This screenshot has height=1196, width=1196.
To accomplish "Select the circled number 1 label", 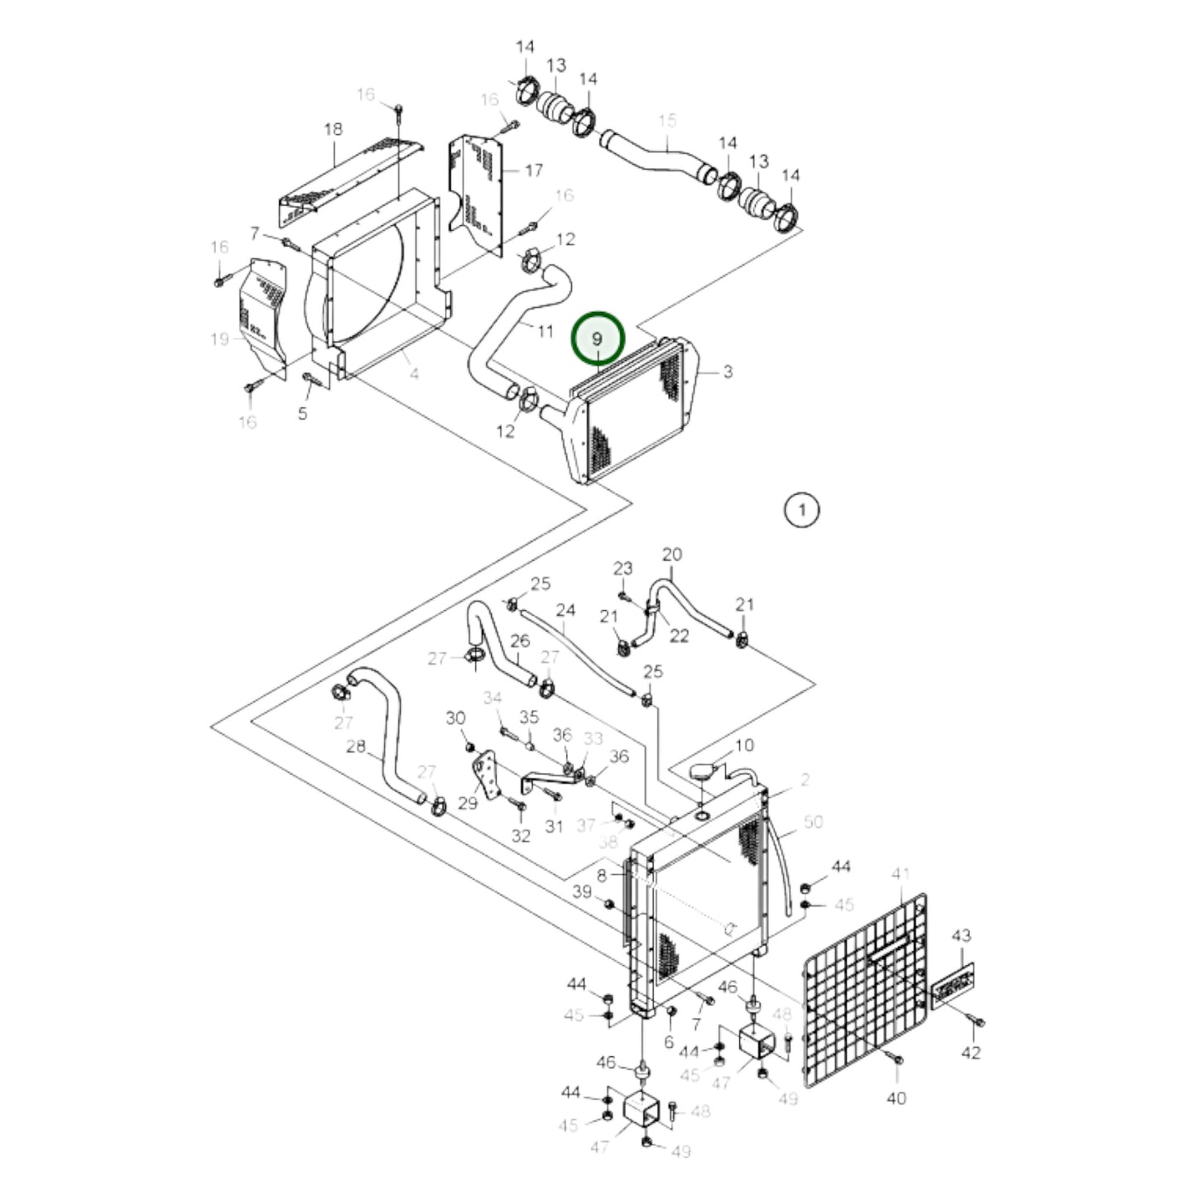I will click(800, 510).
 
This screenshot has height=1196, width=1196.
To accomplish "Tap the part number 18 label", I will click(333, 130).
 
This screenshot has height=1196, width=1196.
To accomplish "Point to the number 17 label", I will click(534, 171).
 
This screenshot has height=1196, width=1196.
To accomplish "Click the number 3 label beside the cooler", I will click(727, 372).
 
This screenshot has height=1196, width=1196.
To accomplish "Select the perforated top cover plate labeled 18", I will click(348, 178).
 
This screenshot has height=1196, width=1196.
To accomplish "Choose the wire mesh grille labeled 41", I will click(861, 993).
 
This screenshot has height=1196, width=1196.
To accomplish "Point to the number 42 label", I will click(971, 1053).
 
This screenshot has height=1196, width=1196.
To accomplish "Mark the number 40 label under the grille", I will click(896, 1098).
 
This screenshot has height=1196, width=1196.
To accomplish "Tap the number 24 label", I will click(565, 611).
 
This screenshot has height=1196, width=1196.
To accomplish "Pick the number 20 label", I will click(672, 555).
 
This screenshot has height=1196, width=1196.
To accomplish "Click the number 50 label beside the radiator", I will click(813, 822).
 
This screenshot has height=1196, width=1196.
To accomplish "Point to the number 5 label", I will click(303, 412).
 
